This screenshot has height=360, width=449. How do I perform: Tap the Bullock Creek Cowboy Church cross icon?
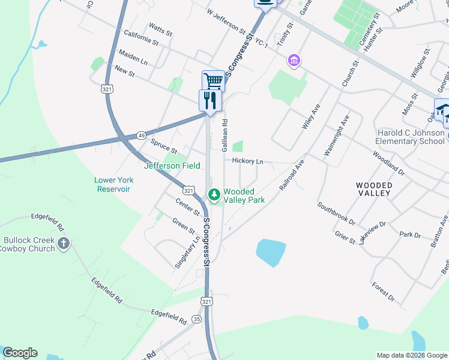point(64,244)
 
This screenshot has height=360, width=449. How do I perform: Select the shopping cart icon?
point(213,81)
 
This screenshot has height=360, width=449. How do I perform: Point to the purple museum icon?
point(294,60)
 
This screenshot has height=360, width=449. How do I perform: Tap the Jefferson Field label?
point(172,166)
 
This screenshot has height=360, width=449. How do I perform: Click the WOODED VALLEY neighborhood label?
point(373,189)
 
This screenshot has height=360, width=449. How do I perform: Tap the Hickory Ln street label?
point(248,161)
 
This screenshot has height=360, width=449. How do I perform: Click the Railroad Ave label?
point(292,175)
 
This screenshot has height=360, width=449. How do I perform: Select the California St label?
point(140,38)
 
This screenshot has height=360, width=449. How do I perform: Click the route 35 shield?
point(196,319)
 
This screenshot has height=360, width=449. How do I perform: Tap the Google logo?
point(20,353)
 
